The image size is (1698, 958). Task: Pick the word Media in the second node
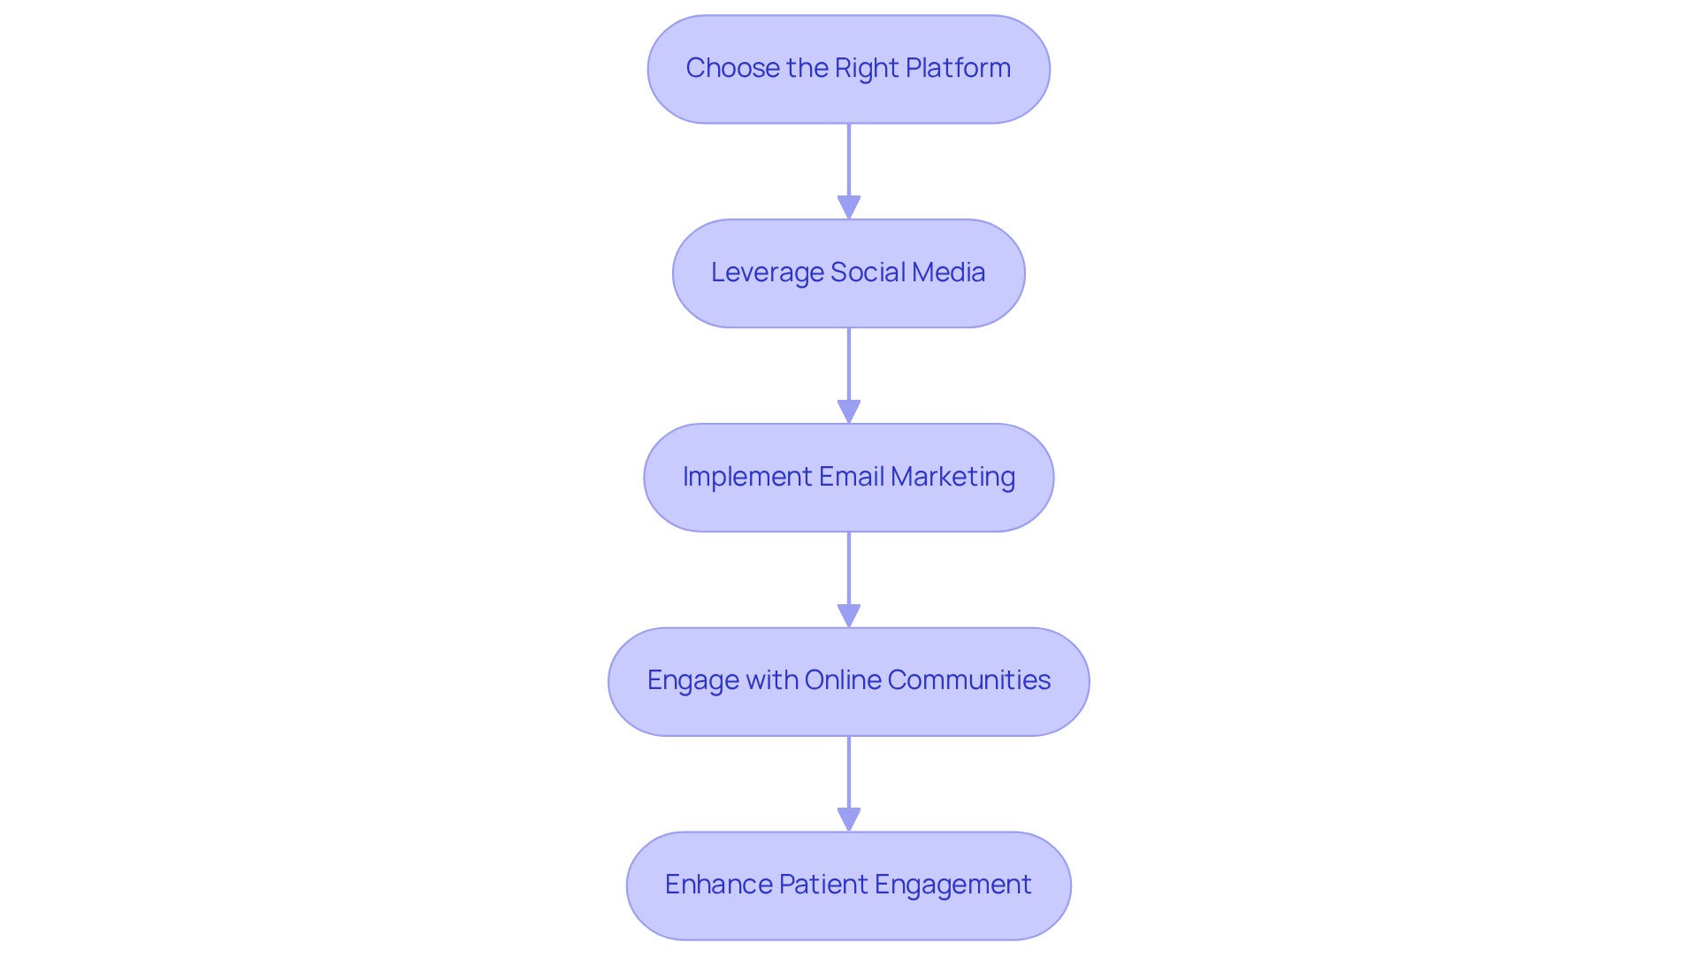click(948, 272)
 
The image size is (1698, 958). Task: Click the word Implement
click(746, 477)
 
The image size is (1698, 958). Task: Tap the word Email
click(851, 477)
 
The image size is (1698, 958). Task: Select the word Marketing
click(952, 477)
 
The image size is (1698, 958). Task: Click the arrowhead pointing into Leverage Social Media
click(849, 207)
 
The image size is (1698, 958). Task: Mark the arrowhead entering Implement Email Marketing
click(849, 411)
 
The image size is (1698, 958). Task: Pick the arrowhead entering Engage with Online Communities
click(849, 616)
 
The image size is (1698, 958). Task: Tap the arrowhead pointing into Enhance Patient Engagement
click(849, 819)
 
